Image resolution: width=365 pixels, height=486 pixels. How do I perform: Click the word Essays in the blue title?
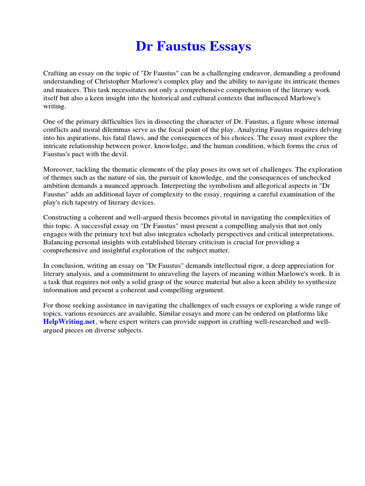coord(228,47)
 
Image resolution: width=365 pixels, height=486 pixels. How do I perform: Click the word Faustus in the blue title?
coord(178,47)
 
